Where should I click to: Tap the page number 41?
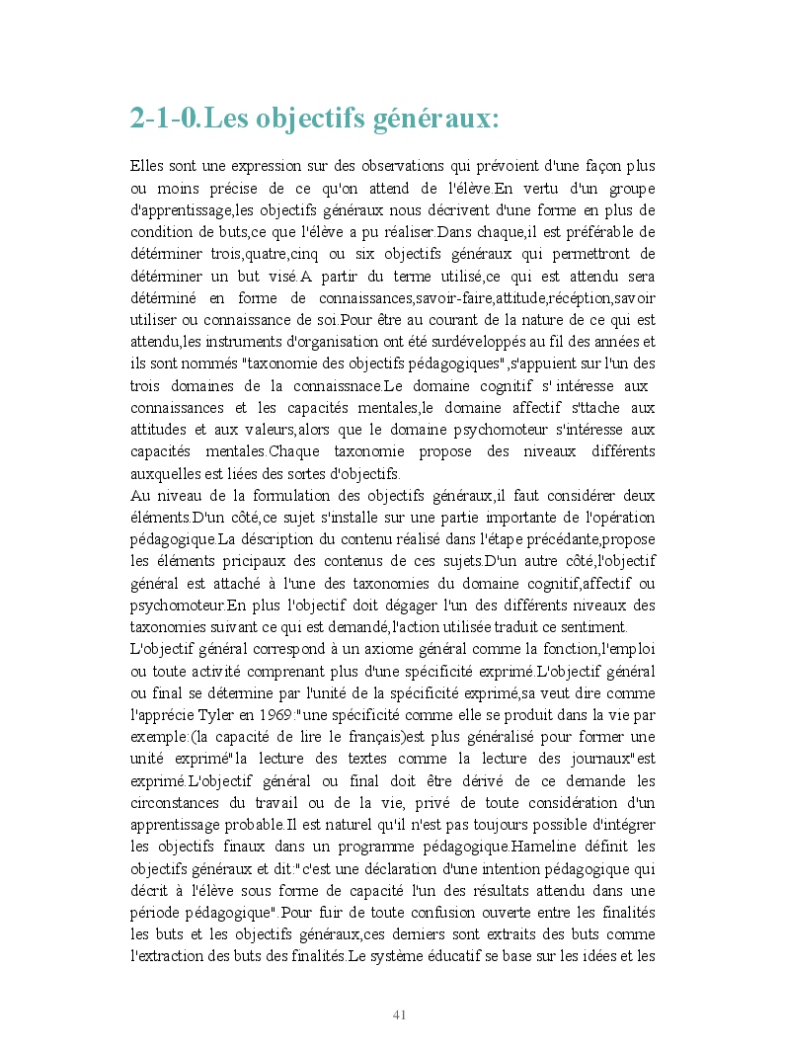click(x=400, y=1014)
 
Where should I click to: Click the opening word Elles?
click(x=147, y=166)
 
